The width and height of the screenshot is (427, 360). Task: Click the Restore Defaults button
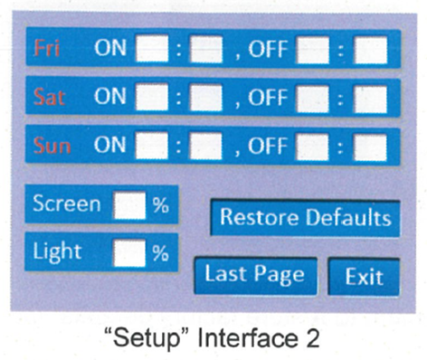tap(305, 218)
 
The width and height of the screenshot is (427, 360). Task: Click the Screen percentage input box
tap(128, 205)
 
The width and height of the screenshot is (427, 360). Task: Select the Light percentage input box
tap(128, 252)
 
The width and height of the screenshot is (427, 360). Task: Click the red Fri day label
tap(47, 50)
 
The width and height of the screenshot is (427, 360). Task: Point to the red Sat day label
tap(48, 98)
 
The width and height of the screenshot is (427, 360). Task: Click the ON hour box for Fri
tap(151, 50)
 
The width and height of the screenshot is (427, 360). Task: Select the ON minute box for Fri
tap(205, 50)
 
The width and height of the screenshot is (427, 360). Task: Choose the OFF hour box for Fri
tap(313, 51)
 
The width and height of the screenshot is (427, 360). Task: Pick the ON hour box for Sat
tap(151, 98)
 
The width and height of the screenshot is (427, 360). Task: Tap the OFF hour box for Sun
tap(313, 147)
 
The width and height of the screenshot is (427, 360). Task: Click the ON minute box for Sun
tap(205, 146)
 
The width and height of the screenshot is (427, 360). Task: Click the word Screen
tap(67, 204)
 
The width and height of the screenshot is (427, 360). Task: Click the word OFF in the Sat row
tap(269, 98)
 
